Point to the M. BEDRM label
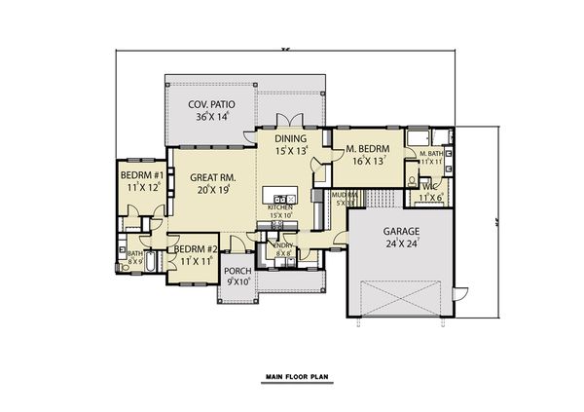point(367,149)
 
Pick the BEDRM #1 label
point(140,175)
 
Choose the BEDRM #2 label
point(194,249)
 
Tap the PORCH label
point(237,271)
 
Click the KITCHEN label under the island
point(280,206)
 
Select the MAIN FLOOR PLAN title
point(291,375)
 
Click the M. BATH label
point(431,154)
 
